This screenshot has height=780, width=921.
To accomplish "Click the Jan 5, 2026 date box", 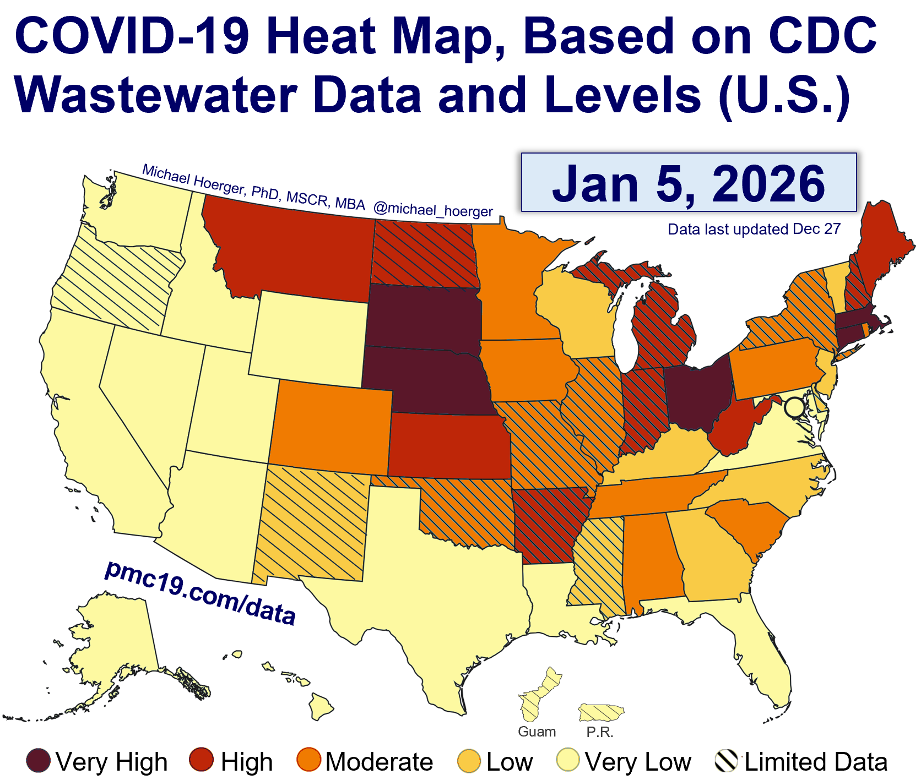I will (x=689, y=182).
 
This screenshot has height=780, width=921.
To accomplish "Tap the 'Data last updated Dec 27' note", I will (x=754, y=229).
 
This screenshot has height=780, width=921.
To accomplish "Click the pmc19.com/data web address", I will (x=200, y=593).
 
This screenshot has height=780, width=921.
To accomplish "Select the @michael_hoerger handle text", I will (x=433, y=210).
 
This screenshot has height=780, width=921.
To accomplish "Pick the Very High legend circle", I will (x=39, y=761).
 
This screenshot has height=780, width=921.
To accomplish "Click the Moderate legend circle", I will (x=308, y=760).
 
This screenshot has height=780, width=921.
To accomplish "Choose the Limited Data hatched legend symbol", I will (x=726, y=761).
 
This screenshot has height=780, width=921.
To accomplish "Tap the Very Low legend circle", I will (x=568, y=760).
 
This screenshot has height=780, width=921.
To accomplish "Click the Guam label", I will (x=537, y=732).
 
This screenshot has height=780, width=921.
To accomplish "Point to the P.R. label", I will (x=599, y=732).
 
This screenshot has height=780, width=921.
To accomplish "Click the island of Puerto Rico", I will (x=600, y=712).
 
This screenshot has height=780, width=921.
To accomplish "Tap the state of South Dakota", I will (x=423, y=317).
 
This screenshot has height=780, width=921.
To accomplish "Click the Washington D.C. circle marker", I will (x=794, y=408).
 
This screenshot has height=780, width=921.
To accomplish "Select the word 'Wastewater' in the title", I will (x=156, y=95).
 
